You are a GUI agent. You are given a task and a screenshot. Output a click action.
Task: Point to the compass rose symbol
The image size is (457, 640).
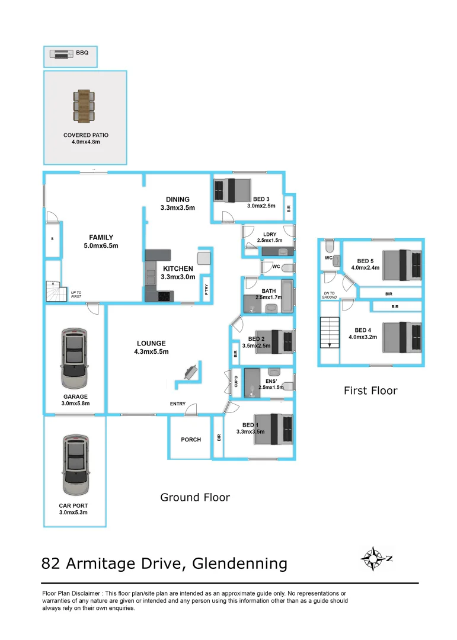[x=373, y=558]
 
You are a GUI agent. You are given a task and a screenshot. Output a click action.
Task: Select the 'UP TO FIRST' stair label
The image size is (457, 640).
[x=76, y=293]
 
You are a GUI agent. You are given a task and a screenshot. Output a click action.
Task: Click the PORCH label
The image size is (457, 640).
[x=191, y=439]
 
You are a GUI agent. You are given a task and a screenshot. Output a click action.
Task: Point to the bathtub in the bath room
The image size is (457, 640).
[x=287, y=297]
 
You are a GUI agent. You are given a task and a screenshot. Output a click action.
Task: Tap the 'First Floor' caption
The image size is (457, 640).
[x=370, y=391]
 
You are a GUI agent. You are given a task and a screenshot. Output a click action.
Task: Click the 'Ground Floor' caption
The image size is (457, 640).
[x=195, y=497]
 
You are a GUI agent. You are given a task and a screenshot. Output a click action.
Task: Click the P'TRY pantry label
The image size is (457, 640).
[x=206, y=290]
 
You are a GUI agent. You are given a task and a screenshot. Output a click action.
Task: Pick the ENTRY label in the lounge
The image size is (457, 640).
[x=178, y=404]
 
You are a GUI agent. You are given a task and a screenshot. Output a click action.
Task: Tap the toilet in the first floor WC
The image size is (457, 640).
[x=330, y=246]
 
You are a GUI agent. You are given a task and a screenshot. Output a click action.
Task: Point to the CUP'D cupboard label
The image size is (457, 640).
[x=235, y=382]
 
